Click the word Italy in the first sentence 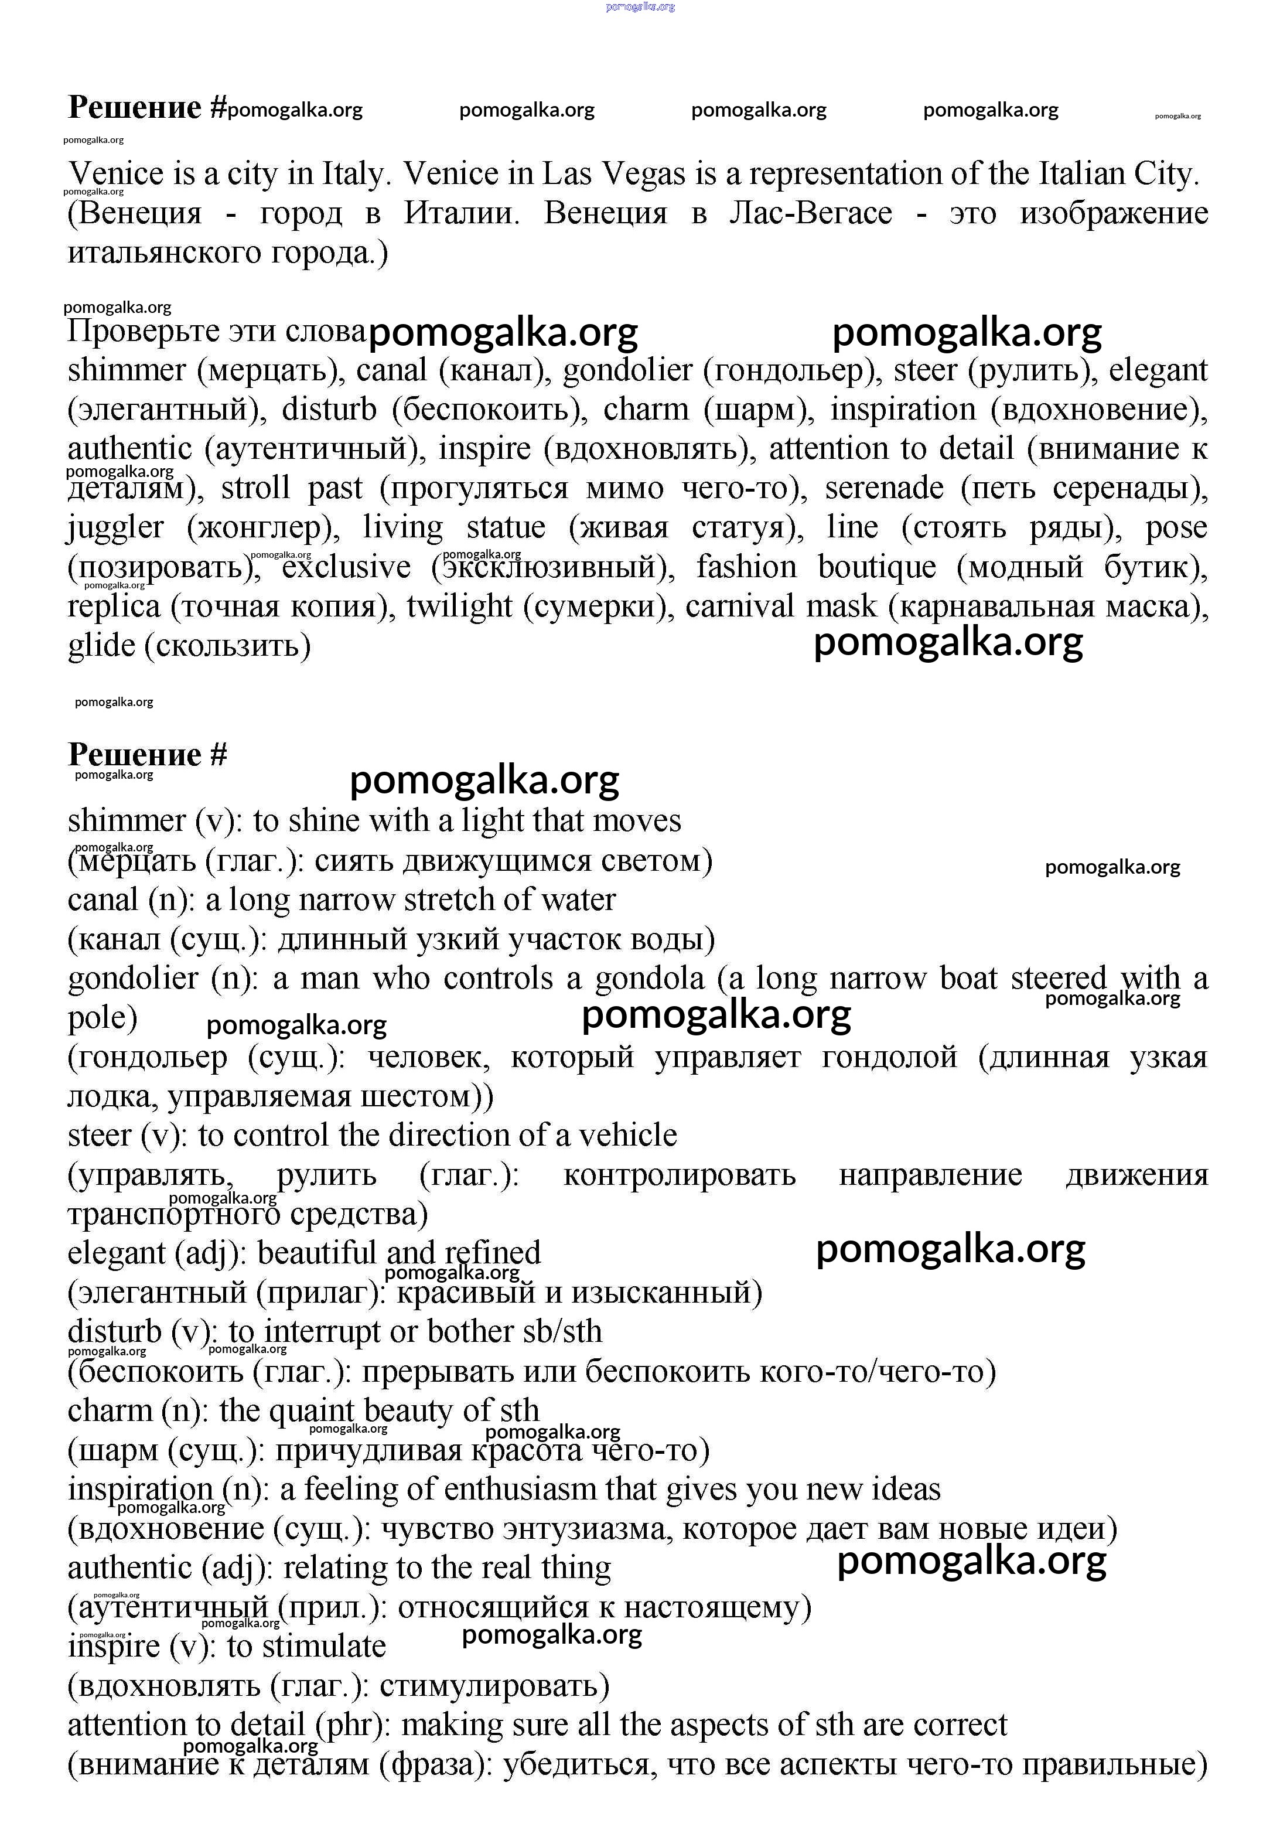tap(353, 174)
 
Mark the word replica tap(114, 605)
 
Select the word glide tap(101, 645)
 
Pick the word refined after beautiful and tap(493, 1253)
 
